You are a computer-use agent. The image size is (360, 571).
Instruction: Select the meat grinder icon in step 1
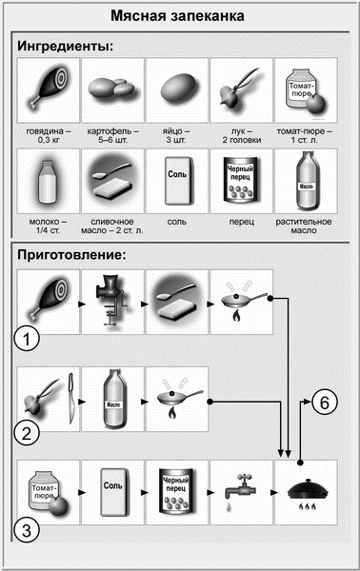point(111,300)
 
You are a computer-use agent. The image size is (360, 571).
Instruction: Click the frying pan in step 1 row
point(241,300)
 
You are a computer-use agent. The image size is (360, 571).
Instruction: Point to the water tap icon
point(241,490)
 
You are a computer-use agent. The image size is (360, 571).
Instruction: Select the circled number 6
point(325,403)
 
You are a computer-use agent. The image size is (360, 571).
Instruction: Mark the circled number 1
point(31,338)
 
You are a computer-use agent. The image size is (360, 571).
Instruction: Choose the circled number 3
point(31,530)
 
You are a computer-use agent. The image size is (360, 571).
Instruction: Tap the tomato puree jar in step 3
point(47,490)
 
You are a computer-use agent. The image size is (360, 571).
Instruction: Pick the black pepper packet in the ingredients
point(241,181)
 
